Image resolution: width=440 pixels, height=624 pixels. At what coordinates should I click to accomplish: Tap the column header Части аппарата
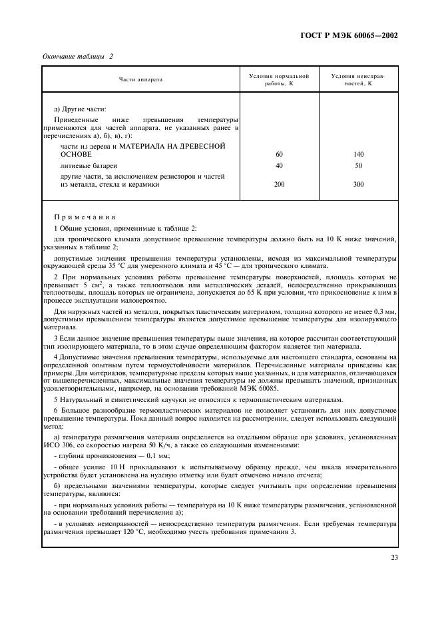pos(140,79)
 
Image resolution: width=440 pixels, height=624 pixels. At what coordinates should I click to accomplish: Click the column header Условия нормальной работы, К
pos(279,79)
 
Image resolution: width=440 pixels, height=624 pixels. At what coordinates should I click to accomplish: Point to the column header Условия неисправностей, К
pos(358,79)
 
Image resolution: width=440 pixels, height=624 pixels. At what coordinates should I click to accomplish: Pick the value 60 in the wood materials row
pos(279,154)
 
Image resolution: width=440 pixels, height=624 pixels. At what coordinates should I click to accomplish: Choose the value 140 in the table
pos(358,154)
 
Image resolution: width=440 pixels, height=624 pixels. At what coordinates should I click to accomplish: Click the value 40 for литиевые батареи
pos(279,165)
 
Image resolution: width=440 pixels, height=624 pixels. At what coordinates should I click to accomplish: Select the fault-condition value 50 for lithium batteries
pos(358,165)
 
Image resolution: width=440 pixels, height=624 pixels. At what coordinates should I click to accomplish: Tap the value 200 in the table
pos(279,185)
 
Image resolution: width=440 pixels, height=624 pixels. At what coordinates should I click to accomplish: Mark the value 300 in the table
pos(358,185)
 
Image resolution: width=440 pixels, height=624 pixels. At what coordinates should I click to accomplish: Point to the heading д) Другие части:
pos(79,109)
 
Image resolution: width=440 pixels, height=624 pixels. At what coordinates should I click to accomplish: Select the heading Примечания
pos(85,217)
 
